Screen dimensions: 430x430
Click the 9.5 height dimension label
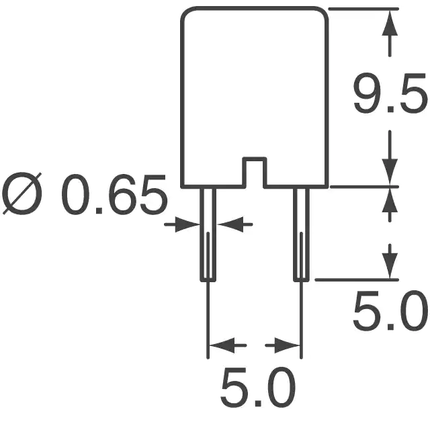tap(390, 93)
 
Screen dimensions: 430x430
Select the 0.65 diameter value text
tap(114, 194)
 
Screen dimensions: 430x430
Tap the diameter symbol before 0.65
tap(22, 193)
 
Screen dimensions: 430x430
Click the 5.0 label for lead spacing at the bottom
tap(258, 388)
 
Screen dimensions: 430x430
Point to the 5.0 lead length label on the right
tap(390, 311)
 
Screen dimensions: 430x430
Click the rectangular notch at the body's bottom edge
tap(254, 172)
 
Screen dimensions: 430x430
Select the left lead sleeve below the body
tap(208, 234)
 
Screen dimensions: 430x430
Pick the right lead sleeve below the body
tap(302, 234)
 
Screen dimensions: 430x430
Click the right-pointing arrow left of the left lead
tap(182, 224)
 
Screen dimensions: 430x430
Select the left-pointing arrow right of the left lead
tap(234, 224)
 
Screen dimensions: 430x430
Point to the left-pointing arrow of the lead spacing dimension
tap(228, 345)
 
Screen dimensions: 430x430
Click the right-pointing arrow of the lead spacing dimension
tap(282, 345)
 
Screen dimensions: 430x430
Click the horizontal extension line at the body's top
tap(363, 9)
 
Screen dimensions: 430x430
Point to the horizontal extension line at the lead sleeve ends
tap(357, 279)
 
